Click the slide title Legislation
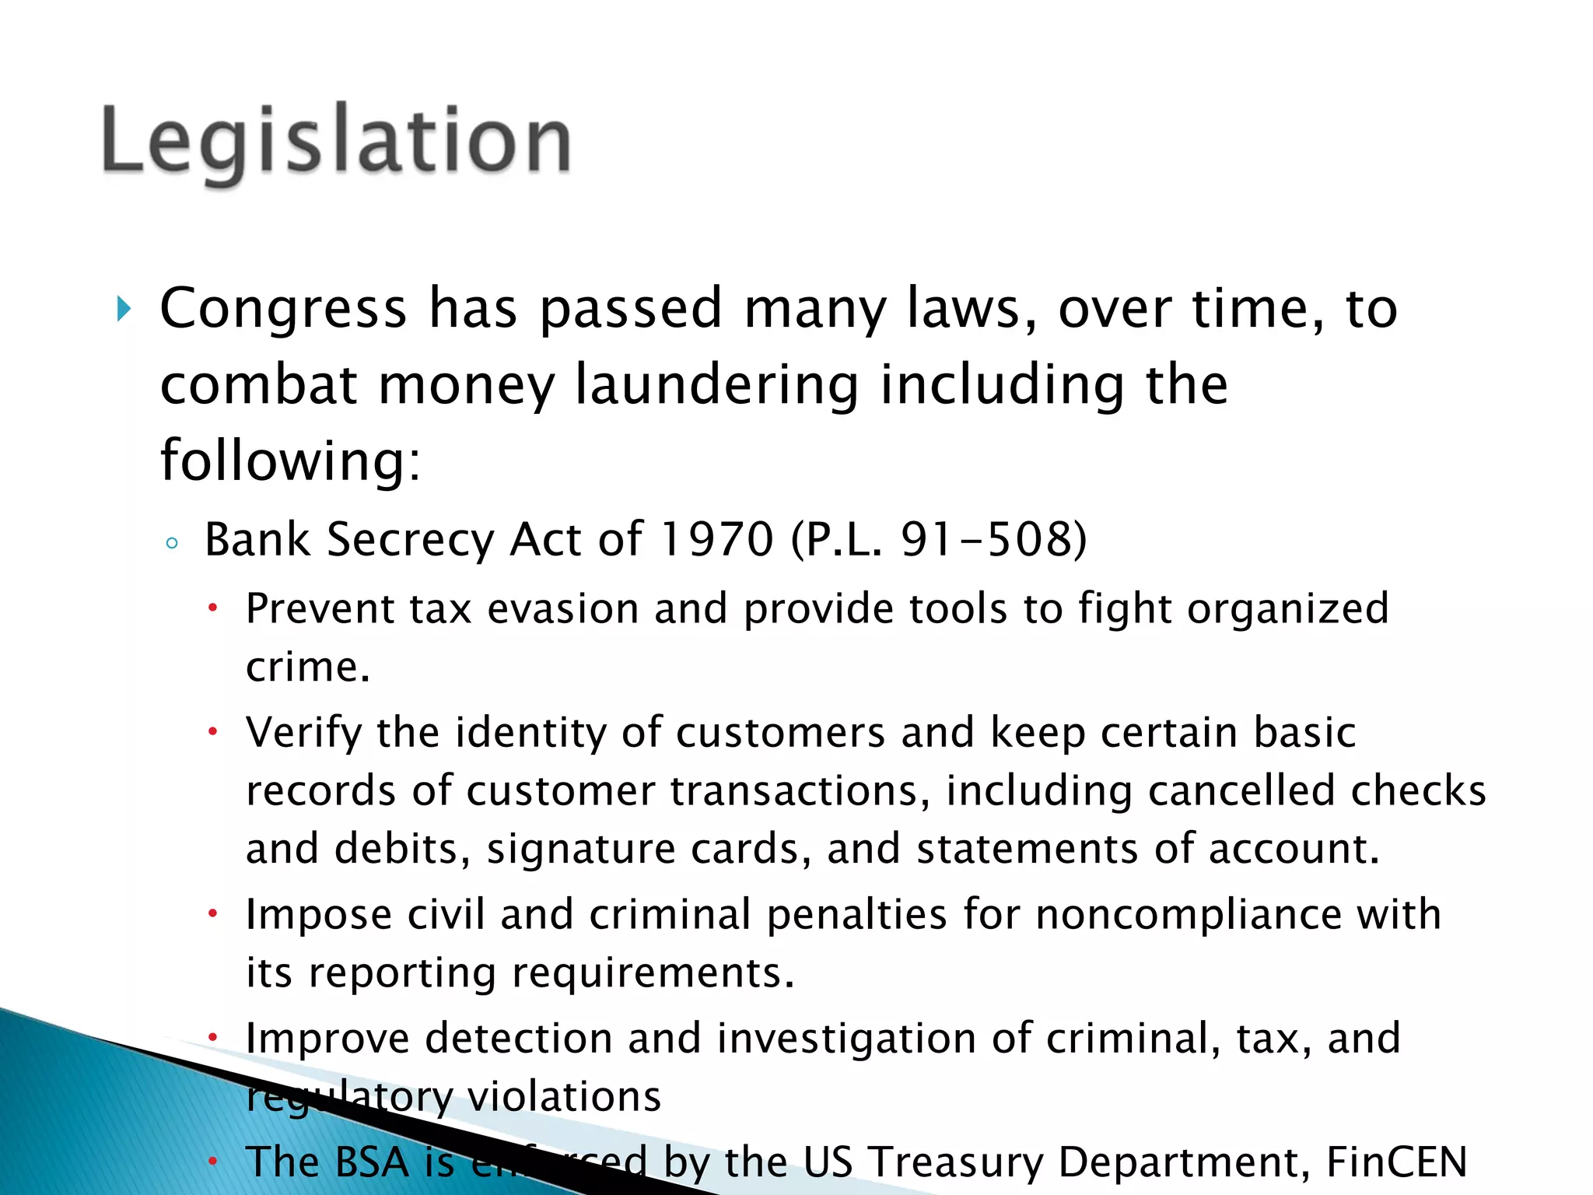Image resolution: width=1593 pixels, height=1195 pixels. (x=336, y=140)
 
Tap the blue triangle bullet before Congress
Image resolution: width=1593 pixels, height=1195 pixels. (x=123, y=309)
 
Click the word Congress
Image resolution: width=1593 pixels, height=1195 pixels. (x=283, y=309)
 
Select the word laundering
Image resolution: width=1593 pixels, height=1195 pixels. (x=716, y=385)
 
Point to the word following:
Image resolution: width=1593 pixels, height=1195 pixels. (x=290, y=461)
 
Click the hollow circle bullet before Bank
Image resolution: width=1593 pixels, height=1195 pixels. (x=172, y=543)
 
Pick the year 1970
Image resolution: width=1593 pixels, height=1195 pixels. (x=716, y=539)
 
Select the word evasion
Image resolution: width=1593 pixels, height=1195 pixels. (x=562, y=608)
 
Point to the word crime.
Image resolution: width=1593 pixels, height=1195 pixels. (x=307, y=668)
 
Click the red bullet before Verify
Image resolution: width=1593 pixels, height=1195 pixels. (x=212, y=732)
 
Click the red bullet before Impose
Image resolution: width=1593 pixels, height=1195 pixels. (x=212, y=914)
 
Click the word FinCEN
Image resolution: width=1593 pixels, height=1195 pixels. (x=1396, y=1162)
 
